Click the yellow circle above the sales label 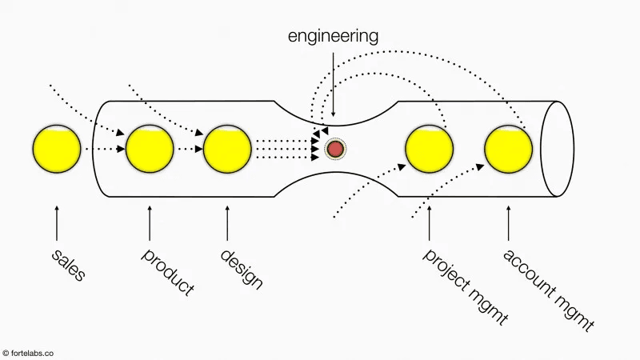coord(57,149)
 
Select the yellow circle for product coord(150,149)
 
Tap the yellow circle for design coord(228,149)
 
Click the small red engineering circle coord(334,149)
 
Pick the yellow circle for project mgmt coord(430,149)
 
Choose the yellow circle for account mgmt coord(508,149)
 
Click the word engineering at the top coord(334,36)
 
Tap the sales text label coord(68,266)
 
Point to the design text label coord(241,269)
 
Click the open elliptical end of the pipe coord(557,149)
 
